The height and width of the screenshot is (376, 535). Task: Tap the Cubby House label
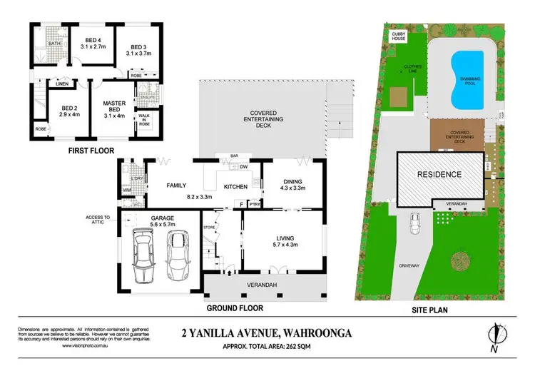(397, 36)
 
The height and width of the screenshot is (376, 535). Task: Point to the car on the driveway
(414, 224)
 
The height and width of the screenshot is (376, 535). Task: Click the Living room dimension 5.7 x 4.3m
(284, 246)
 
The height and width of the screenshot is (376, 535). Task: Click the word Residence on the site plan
(439, 174)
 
